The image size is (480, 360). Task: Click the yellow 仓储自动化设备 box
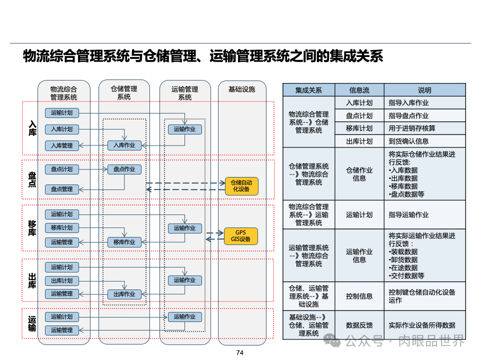(x=241, y=186)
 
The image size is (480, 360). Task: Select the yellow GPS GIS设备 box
(x=240, y=235)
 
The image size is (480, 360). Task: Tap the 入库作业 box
(x=124, y=145)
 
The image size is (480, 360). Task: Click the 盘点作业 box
(x=124, y=169)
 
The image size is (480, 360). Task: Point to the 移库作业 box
(x=124, y=242)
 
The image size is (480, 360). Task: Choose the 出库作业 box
(x=124, y=294)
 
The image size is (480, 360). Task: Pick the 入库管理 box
(x=61, y=145)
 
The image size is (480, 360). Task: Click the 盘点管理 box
(x=61, y=189)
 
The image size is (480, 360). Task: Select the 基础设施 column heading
(x=241, y=89)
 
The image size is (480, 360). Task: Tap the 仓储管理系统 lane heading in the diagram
(x=124, y=92)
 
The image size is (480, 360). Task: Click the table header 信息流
(x=359, y=90)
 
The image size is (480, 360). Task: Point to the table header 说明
(x=424, y=90)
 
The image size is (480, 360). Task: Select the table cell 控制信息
(x=359, y=296)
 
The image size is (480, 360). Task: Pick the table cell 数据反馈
(x=359, y=325)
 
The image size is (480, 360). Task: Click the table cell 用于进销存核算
(x=411, y=128)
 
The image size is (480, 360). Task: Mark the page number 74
(x=239, y=353)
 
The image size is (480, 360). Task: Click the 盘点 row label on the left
(x=32, y=180)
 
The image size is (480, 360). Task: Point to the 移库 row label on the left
(x=32, y=228)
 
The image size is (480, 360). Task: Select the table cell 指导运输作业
(x=408, y=215)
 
